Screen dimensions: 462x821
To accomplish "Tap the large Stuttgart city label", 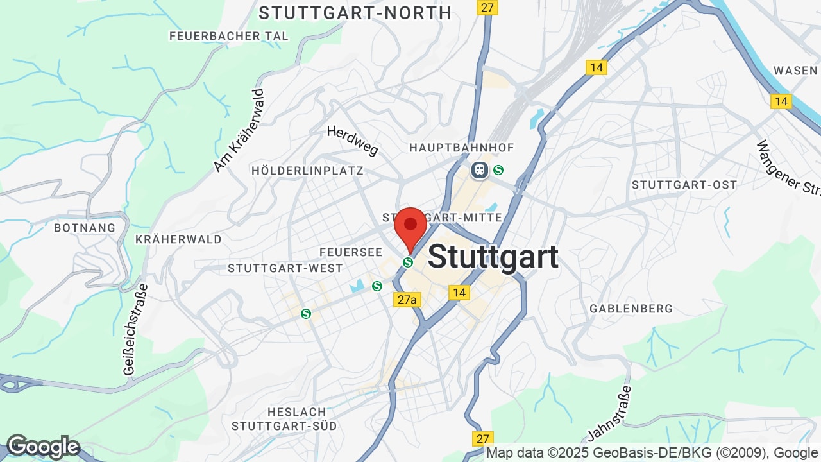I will [493, 257].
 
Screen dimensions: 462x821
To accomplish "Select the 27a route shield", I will [407, 300].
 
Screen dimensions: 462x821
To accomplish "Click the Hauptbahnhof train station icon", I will [479, 170].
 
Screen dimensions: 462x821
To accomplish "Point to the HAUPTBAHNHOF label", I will [462, 148].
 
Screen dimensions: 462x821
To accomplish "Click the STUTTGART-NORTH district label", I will [355, 13].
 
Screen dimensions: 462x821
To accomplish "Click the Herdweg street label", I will [352, 140].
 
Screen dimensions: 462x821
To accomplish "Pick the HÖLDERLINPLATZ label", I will [308, 171].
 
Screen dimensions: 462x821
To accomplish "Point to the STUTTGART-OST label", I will [684, 185].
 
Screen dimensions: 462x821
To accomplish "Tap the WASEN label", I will [795, 71].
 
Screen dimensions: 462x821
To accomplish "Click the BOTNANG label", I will [85, 228].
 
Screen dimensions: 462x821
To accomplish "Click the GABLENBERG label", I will [631, 309].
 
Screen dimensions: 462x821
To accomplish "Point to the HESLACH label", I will [292, 411].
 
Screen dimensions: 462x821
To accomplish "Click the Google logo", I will [43, 447].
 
